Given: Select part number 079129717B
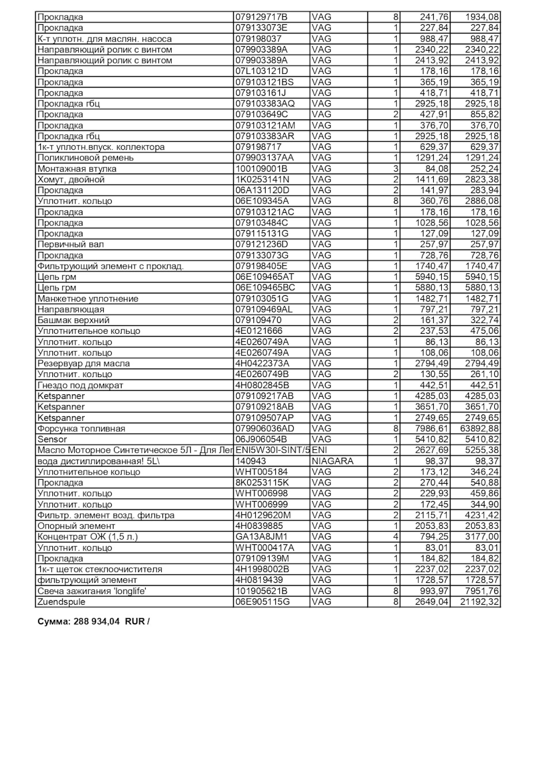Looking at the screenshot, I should click(x=261, y=17).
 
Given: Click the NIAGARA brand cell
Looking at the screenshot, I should click(x=332, y=461).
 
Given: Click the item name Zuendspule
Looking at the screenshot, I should click(x=61, y=602).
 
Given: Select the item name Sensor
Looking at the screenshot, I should click(x=52, y=439).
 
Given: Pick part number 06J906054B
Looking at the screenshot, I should click(x=261, y=439).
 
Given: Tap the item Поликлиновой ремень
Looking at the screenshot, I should click(x=85, y=158).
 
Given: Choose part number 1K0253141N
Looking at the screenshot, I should click(x=262, y=180).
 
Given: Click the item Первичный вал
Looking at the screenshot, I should click(x=70, y=244).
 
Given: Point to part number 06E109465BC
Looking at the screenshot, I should click(x=265, y=288).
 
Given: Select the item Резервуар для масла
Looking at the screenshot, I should click(x=84, y=364).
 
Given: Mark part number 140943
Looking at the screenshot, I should click(x=251, y=461).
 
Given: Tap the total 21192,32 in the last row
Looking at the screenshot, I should click(x=479, y=602).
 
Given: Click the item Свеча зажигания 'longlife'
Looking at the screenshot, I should click(x=92, y=591).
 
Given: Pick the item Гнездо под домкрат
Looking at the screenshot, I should click(x=80, y=385).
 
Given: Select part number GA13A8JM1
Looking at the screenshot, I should click(x=261, y=537).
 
